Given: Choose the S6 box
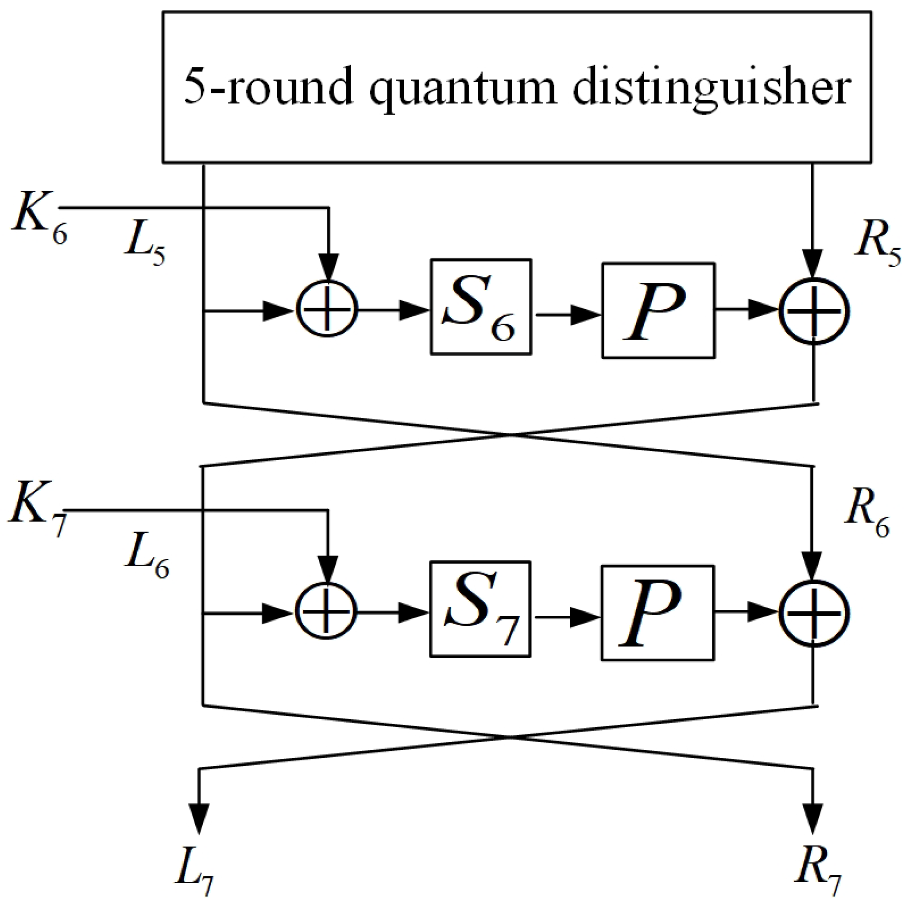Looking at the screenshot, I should pos(481,307).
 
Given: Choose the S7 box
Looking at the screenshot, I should pos(480,609).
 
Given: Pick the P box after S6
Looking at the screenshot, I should pos(658,311).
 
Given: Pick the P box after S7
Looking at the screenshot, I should pos(657,613).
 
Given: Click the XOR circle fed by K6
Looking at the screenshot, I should pos(327,311).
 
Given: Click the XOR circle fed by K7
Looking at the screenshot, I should pos(326,613).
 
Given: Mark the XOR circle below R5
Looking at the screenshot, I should pos(814,311).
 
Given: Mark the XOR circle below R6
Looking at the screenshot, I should pos(814,613).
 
